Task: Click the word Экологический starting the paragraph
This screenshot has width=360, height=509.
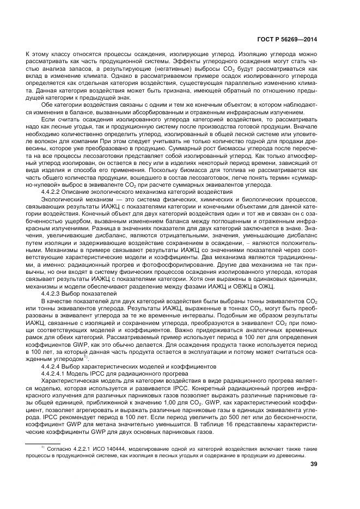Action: click(x=62, y=200)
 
